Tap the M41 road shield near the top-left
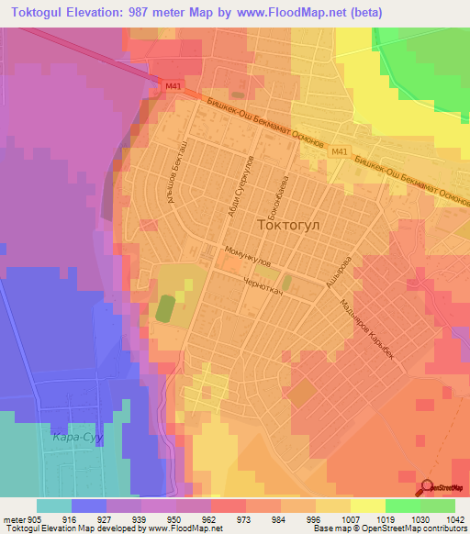173,87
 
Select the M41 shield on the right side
341,151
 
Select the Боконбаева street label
285,195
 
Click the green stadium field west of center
165,307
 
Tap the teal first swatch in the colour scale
54,506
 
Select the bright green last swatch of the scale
438,506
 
